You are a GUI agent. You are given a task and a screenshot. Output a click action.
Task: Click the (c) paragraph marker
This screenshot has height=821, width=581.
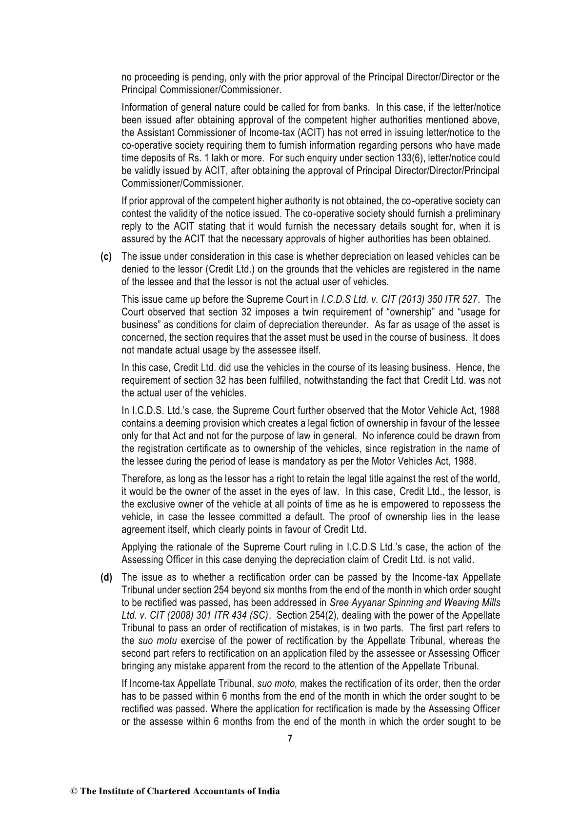(x=103, y=257)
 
